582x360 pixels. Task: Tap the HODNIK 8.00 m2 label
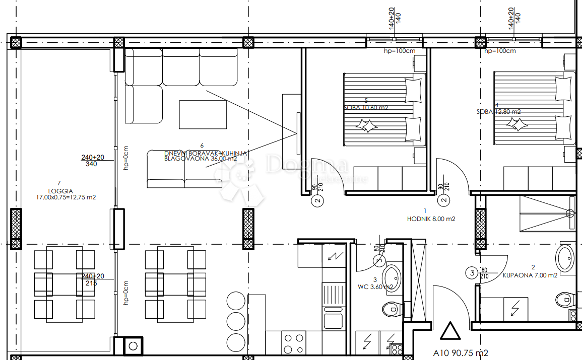pos(431,219)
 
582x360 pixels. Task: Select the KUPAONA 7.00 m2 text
pos(530,275)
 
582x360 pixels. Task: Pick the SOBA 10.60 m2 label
pos(366,108)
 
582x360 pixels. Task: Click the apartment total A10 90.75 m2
pos(461,353)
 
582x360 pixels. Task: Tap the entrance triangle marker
pos(450,332)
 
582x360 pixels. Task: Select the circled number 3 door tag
pos(471,273)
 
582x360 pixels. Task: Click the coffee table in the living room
pos(203,114)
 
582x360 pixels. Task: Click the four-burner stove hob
pos(293,343)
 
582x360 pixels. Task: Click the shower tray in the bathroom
pos(547,212)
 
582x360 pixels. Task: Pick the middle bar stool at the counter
pos(235,321)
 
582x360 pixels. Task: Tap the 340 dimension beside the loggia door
pos(92,164)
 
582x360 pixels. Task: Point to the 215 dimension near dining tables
pos(92,283)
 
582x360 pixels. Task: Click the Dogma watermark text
pos(307,165)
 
